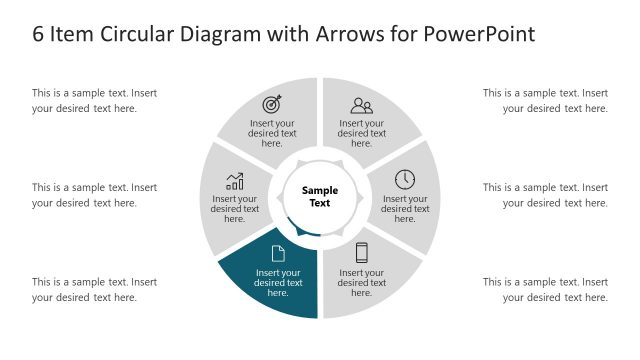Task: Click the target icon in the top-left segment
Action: coord(272,104)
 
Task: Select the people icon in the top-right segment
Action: coord(361,105)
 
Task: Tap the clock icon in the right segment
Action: coord(405,179)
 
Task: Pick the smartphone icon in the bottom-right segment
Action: coord(362,253)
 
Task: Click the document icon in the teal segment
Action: coord(278,253)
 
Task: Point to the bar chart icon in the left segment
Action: coord(235,181)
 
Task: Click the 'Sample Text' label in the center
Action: coord(319,196)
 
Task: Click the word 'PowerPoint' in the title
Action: coord(479,34)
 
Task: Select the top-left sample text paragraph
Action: coord(94,101)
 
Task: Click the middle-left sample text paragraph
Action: coord(94,195)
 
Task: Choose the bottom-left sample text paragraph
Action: coord(94,290)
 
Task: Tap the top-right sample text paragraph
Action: coord(545,101)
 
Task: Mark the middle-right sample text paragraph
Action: coord(545,195)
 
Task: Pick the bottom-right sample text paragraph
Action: coord(545,290)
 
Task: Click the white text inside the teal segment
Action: coord(278,282)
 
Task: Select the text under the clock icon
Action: coord(405,208)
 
